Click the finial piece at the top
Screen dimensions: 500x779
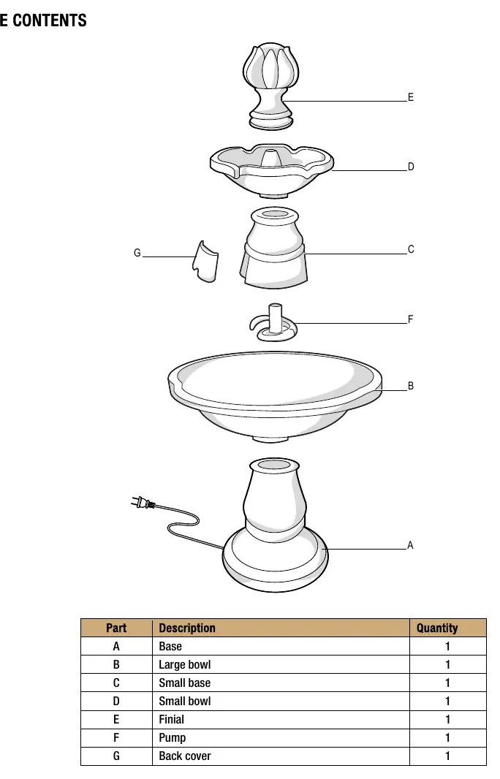[270, 86]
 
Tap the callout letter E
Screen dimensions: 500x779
[411, 97]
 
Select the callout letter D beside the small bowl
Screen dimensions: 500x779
[411, 167]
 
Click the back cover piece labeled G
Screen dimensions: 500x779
[205, 262]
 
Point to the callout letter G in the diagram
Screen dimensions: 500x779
[137, 253]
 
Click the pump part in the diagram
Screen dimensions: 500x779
[273, 324]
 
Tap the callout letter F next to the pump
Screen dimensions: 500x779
[411, 319]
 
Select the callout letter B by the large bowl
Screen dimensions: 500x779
[411, 386]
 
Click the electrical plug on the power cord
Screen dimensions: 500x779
[143, 503]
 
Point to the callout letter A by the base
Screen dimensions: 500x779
[410, 545]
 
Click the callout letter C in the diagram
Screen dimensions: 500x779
[411, 249]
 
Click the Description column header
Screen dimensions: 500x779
[187, 628]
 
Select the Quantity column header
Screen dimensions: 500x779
[437, 628]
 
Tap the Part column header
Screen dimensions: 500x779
[116, 628]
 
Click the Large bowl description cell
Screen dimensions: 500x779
[184, 665]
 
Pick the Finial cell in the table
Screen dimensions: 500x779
[171, 719]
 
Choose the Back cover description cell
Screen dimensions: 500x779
[184, 756]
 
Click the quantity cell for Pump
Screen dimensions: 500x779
[447, 738]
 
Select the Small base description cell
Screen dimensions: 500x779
[184, 683]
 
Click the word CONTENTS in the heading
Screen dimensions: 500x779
[49, 20]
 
